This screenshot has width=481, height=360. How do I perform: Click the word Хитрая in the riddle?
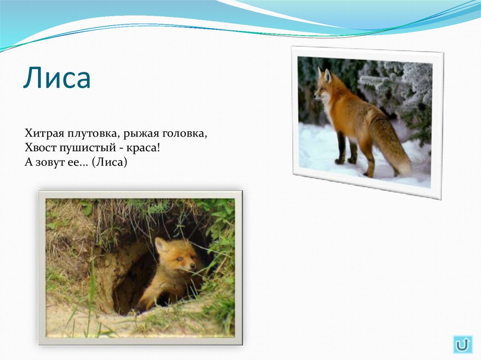pos(42,133)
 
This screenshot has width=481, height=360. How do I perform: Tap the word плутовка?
pos(91,134)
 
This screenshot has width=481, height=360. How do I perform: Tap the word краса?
pos(143,148)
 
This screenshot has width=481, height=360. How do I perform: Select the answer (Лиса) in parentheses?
pos(109,162)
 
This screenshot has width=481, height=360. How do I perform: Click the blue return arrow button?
pos(462,345)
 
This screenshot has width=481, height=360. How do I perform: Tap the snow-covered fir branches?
pos(399,84)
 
